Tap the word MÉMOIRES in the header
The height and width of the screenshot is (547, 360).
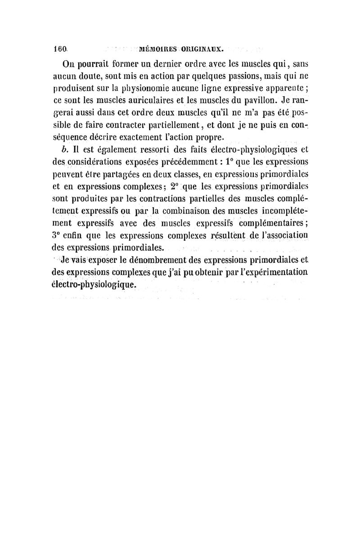tap(160, 45)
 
